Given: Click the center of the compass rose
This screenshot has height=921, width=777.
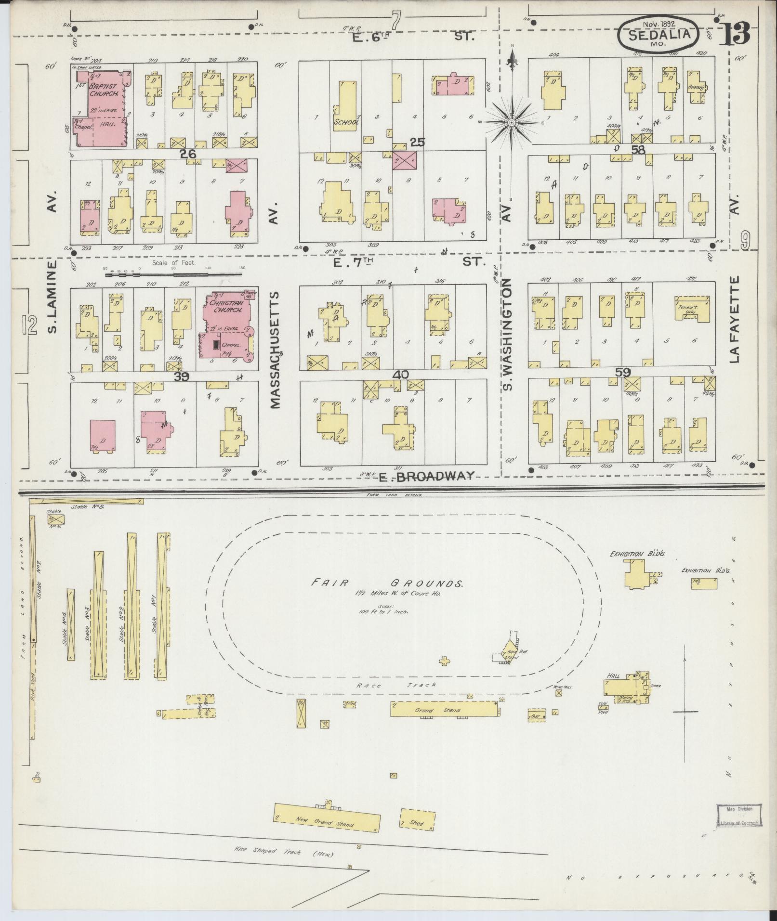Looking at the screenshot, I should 511,123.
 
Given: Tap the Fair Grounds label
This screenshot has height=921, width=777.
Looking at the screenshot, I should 387,584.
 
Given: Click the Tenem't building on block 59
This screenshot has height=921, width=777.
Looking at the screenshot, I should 691,308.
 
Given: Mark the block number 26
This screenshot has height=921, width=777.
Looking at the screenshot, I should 187,154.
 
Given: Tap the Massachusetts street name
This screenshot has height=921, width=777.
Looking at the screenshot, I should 275,349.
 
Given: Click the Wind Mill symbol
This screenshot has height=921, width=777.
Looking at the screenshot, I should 559,694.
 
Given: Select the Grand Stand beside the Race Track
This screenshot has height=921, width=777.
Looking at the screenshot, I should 443,710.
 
